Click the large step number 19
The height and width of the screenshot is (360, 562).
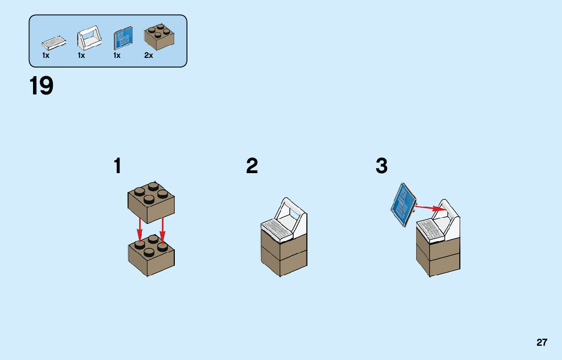click(41, 86)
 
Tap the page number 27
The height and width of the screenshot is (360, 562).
click(542, 342)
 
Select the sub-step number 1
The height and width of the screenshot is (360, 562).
click(118, 166)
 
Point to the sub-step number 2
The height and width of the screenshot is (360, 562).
click(252, 166)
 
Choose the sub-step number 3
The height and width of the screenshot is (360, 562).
click(382, 166)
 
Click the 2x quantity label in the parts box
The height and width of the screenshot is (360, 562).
click(148, 56)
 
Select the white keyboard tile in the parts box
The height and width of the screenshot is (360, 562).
click(53, 41)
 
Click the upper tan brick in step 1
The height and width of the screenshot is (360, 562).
click(151, 202)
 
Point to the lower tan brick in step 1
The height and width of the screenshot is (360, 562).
click(151, 256)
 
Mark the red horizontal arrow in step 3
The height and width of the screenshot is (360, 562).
click(430, 208)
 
